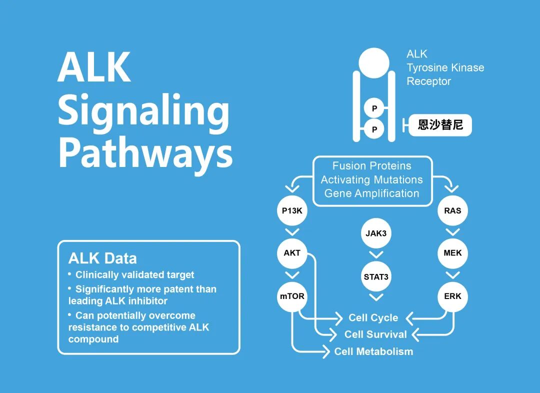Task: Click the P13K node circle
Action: click(292, 210)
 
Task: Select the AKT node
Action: click(292, 253)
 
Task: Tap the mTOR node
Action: click(292, 296)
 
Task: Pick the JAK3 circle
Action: click(376, 233)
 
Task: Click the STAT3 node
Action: click(376, 276)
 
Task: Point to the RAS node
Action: click(452, 210)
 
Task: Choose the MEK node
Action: click(452, 253)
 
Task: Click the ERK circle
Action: click(452, 296)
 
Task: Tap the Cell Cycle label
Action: click(373, 318)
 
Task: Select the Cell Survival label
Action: click(375, 334)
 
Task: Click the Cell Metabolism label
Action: click(373, 351)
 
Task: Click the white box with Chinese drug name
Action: click(440, 125)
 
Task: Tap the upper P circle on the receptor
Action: click(374, 108)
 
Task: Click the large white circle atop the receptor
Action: click(374, 63)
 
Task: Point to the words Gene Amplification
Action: click(372, 193)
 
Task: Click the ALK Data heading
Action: click(102, 258)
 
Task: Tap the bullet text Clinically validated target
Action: click(134, 275)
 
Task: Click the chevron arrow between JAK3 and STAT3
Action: click(376, 255)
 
